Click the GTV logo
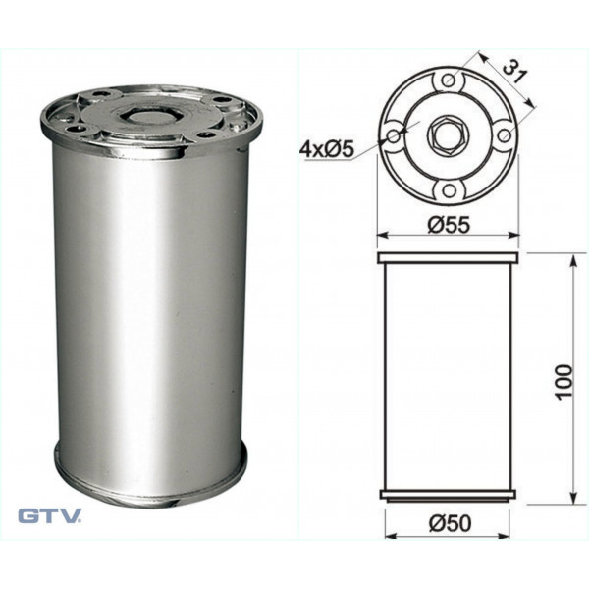[x=50, y=515]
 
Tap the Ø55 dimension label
[x=449, y=225]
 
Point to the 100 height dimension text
[x=563, y=382]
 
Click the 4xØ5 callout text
[x=327, y=150]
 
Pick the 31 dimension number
[x=513, y=72]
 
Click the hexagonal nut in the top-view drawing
[x=449, y=135]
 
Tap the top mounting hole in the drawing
[x=449, y=80]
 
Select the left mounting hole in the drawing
[x=393, y=135]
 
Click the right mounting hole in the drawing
[x=505, y=135]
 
